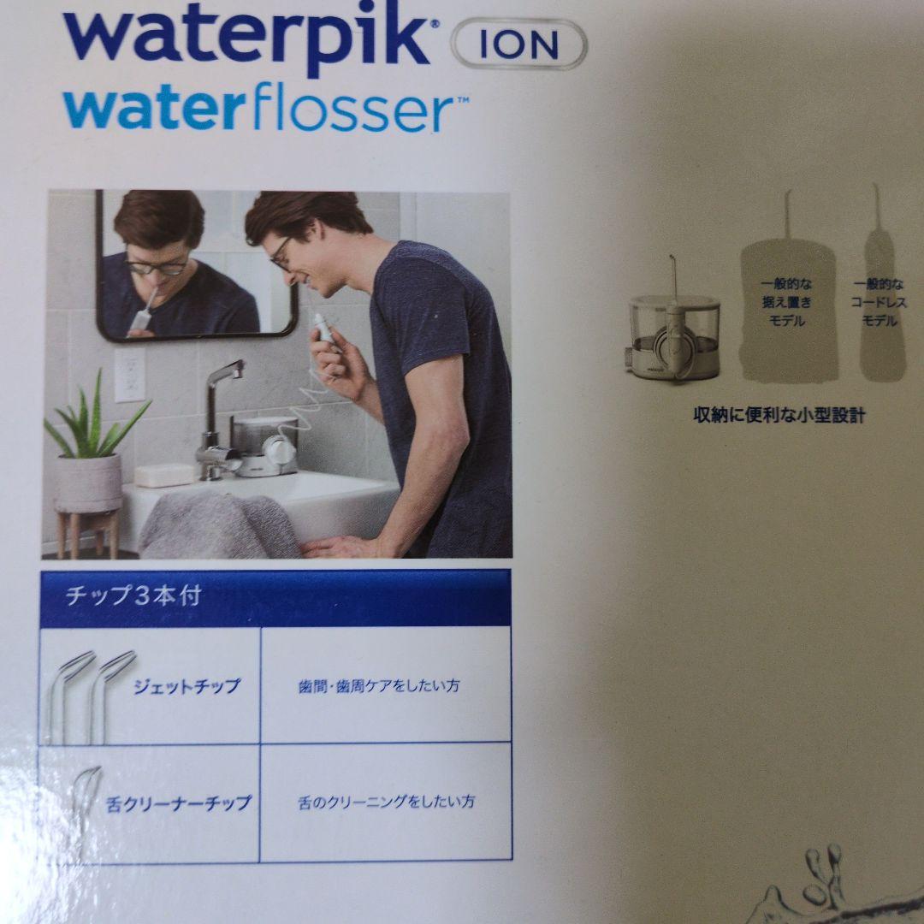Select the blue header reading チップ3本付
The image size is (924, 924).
(x=133, y=596)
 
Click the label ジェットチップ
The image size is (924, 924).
(x=187, y=686)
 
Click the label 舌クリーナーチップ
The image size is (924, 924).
(x=179, y=803)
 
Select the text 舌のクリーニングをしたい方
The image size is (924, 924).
(x=385, y=802)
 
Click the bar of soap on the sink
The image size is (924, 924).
(x=163, y=475)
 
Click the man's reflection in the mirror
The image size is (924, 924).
(x=171, y=265)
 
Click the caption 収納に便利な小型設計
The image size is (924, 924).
(x=779, y=416)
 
